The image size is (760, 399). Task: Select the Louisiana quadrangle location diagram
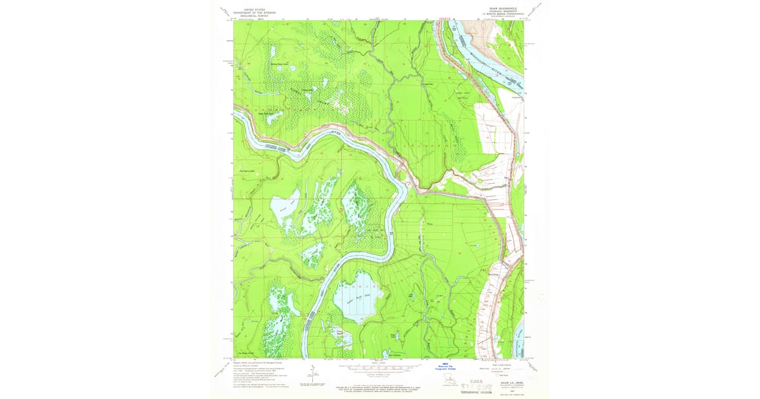(450, 379)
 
